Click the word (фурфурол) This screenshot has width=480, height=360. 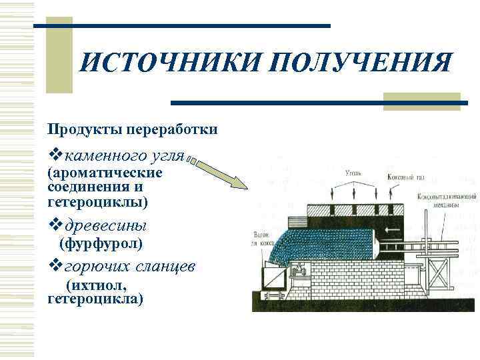[x=101, y=244]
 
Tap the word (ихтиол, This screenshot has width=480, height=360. [x=96, y=285]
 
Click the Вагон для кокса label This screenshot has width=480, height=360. [x=264, y=238]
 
